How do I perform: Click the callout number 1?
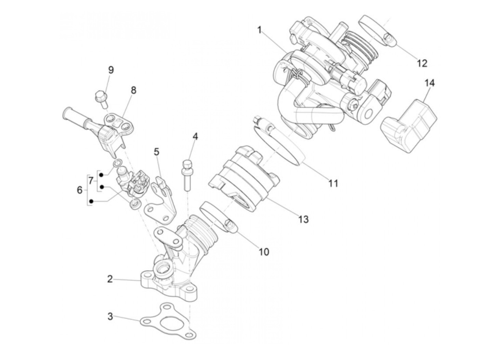259,30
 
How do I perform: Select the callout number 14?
429,83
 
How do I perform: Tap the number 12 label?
422,63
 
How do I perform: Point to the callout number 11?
333,183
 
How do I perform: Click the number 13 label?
303,219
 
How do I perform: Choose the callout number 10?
263,252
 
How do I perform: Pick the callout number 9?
111,70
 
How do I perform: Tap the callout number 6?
79,190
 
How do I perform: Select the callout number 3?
110,316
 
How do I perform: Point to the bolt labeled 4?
187,175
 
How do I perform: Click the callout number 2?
110,279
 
